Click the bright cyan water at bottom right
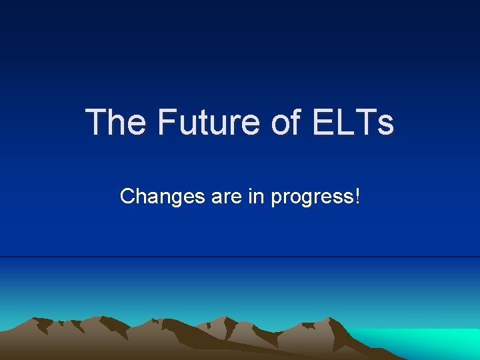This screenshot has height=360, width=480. coord(433,343)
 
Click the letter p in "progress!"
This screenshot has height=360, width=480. coord(277,199)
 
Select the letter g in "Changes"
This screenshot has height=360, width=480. coord(169,199)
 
